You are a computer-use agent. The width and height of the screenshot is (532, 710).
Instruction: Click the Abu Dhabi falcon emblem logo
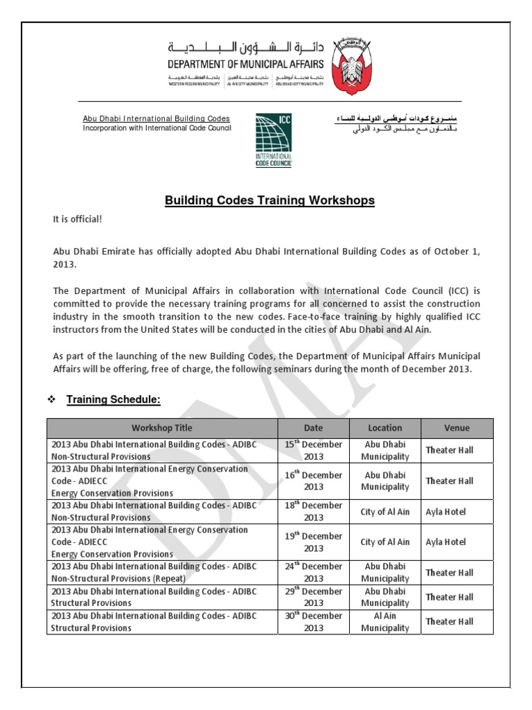pyautogui.click(x=356, y=67)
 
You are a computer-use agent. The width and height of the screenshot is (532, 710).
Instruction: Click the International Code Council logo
pyautogui.click(x=274, y=139)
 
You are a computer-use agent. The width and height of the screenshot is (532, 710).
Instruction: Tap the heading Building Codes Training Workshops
pyautogui.click(x=269, y=201)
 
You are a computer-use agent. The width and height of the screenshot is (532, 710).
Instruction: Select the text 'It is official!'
pyautogui.click(x=78, y=220)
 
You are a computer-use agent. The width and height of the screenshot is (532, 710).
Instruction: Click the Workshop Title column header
pyautogui.click(x=162, y=428)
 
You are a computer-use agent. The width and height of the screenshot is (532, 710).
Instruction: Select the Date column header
pyautogui.click(x=313, y=428)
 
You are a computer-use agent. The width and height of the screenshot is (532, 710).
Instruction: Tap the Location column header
pyautogui.click(x=385, y=428)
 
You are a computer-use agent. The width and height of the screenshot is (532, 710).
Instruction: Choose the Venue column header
pyautogui.click(x=456, y=428)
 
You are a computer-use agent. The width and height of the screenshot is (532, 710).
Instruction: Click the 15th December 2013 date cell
pyautogui.click(x=313, y=451)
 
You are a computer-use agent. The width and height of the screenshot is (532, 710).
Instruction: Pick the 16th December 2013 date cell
pyautogui.click(x=313, y=480)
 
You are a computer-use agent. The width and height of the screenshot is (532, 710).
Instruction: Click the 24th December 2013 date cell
pyautogui.click(x=313, y=572)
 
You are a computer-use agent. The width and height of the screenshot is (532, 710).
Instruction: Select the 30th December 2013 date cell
pyautogui.click(x=313, y=621)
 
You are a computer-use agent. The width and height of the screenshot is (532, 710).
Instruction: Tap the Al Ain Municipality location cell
pyautogui.click(x=385, y=621)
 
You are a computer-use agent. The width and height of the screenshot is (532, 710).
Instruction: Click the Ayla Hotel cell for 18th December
pyautogui.click(x=445, y=512)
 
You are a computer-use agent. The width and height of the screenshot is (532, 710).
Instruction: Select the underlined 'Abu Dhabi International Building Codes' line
pyautogui.click(x=157, y=119)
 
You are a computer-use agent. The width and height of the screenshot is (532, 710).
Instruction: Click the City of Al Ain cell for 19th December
pyautogui.click(x=385, y=542)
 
